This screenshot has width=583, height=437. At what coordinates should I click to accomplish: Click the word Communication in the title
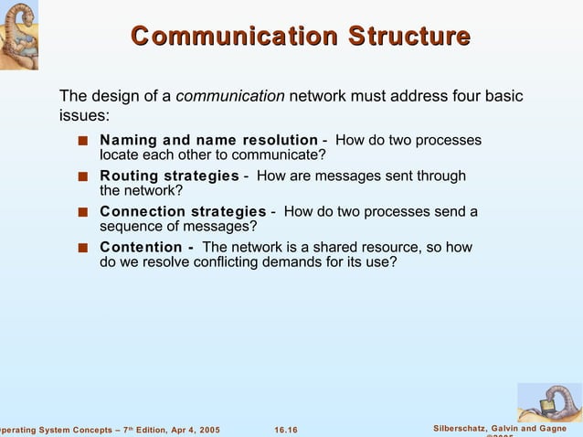pos(234,37)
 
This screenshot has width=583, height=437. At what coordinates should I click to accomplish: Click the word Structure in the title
pos(408,37)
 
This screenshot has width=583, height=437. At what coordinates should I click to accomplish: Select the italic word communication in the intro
pos(229,96)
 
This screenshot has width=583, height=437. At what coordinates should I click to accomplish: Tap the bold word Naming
pos(128,140)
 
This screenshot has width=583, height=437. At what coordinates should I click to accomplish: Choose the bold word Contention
pos(141,247)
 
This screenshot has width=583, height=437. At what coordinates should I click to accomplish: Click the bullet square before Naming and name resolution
pos(82,141)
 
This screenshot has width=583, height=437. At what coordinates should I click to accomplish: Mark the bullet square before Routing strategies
pos(82,176)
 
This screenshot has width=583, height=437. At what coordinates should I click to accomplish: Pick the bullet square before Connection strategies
pos(82,212)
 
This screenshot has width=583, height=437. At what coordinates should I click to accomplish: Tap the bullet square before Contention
pos(82,248)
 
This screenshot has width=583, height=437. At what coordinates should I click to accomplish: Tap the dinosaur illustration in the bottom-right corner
pos(548,401)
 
